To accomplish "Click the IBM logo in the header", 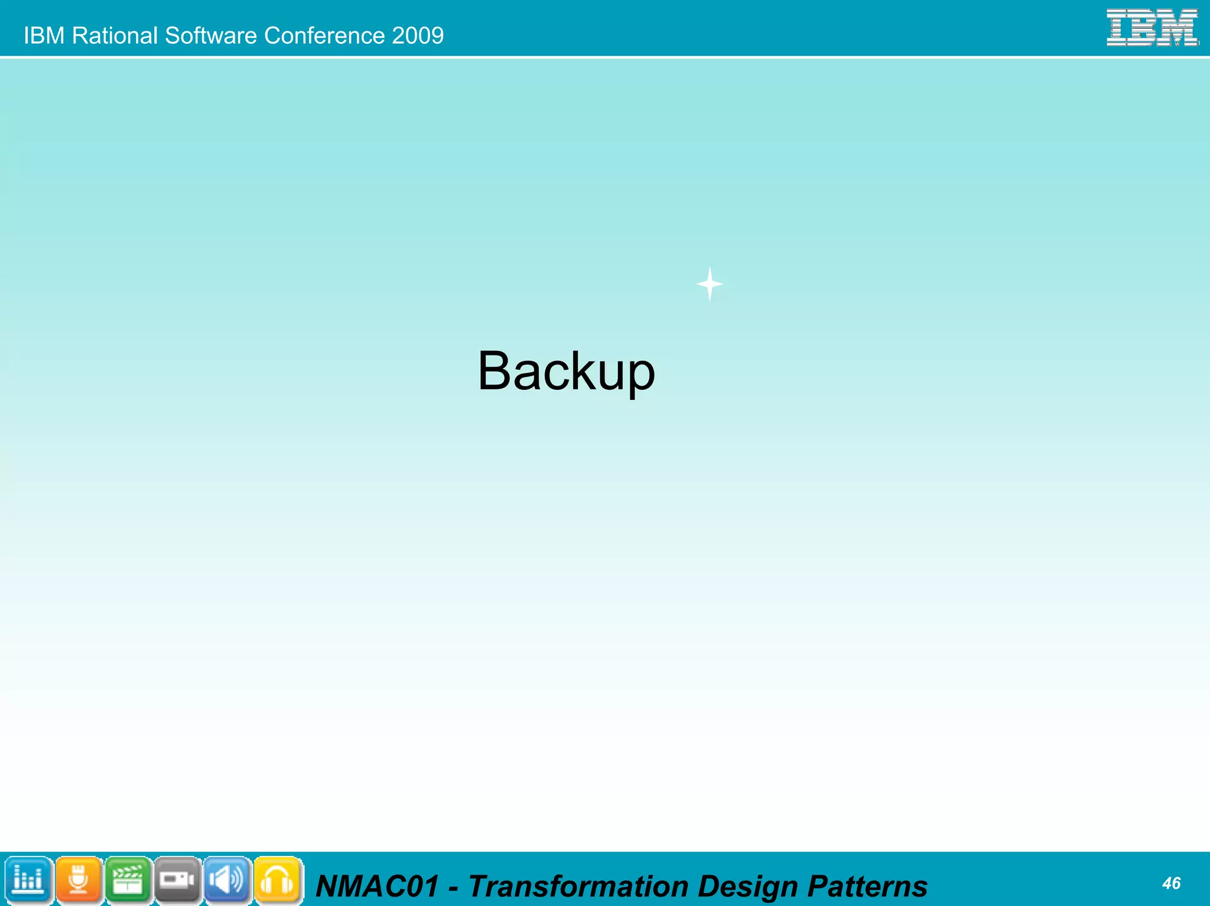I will point(1152,28).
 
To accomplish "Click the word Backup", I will point(566,371).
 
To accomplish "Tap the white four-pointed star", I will point(710,284).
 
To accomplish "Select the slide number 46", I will point(1171,883).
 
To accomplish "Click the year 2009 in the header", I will point(417,35).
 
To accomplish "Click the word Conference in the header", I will point(324,35).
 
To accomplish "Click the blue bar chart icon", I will point(28,880).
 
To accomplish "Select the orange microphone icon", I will point(78,880).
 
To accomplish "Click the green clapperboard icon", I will point(128,880).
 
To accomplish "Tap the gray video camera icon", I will point(177,880).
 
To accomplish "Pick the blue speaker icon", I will point(227,880).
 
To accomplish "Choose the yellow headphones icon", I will point(277,880).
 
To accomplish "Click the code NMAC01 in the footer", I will point(378,887).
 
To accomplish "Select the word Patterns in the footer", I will point(867,887).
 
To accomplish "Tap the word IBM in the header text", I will point(44,35).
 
